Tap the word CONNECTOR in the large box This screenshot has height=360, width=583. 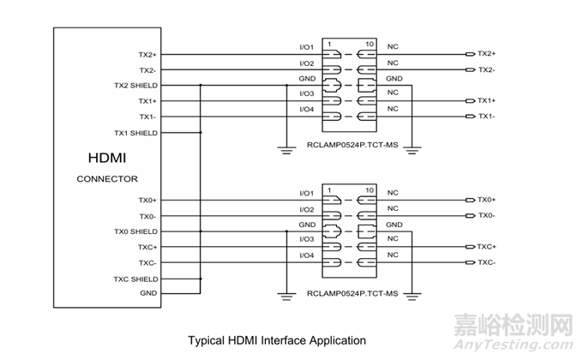107,179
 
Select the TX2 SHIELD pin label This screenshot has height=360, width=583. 135,86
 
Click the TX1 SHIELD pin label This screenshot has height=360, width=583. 135,133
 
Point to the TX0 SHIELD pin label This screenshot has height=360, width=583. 135,231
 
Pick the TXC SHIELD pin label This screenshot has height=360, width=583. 135,279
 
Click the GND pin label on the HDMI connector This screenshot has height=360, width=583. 147,293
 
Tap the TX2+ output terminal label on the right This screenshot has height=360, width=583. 487,53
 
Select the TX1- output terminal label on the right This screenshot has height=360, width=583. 487,117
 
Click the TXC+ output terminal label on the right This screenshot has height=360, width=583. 487,246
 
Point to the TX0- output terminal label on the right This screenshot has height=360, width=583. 487,215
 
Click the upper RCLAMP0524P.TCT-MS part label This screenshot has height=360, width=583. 352,147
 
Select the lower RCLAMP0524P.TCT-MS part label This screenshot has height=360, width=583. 352,293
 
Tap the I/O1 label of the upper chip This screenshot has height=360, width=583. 306,48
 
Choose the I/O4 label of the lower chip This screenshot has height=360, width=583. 306,255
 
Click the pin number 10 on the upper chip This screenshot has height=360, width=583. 370,44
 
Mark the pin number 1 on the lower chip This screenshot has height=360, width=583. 329,189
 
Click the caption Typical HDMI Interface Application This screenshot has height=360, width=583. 277,340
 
